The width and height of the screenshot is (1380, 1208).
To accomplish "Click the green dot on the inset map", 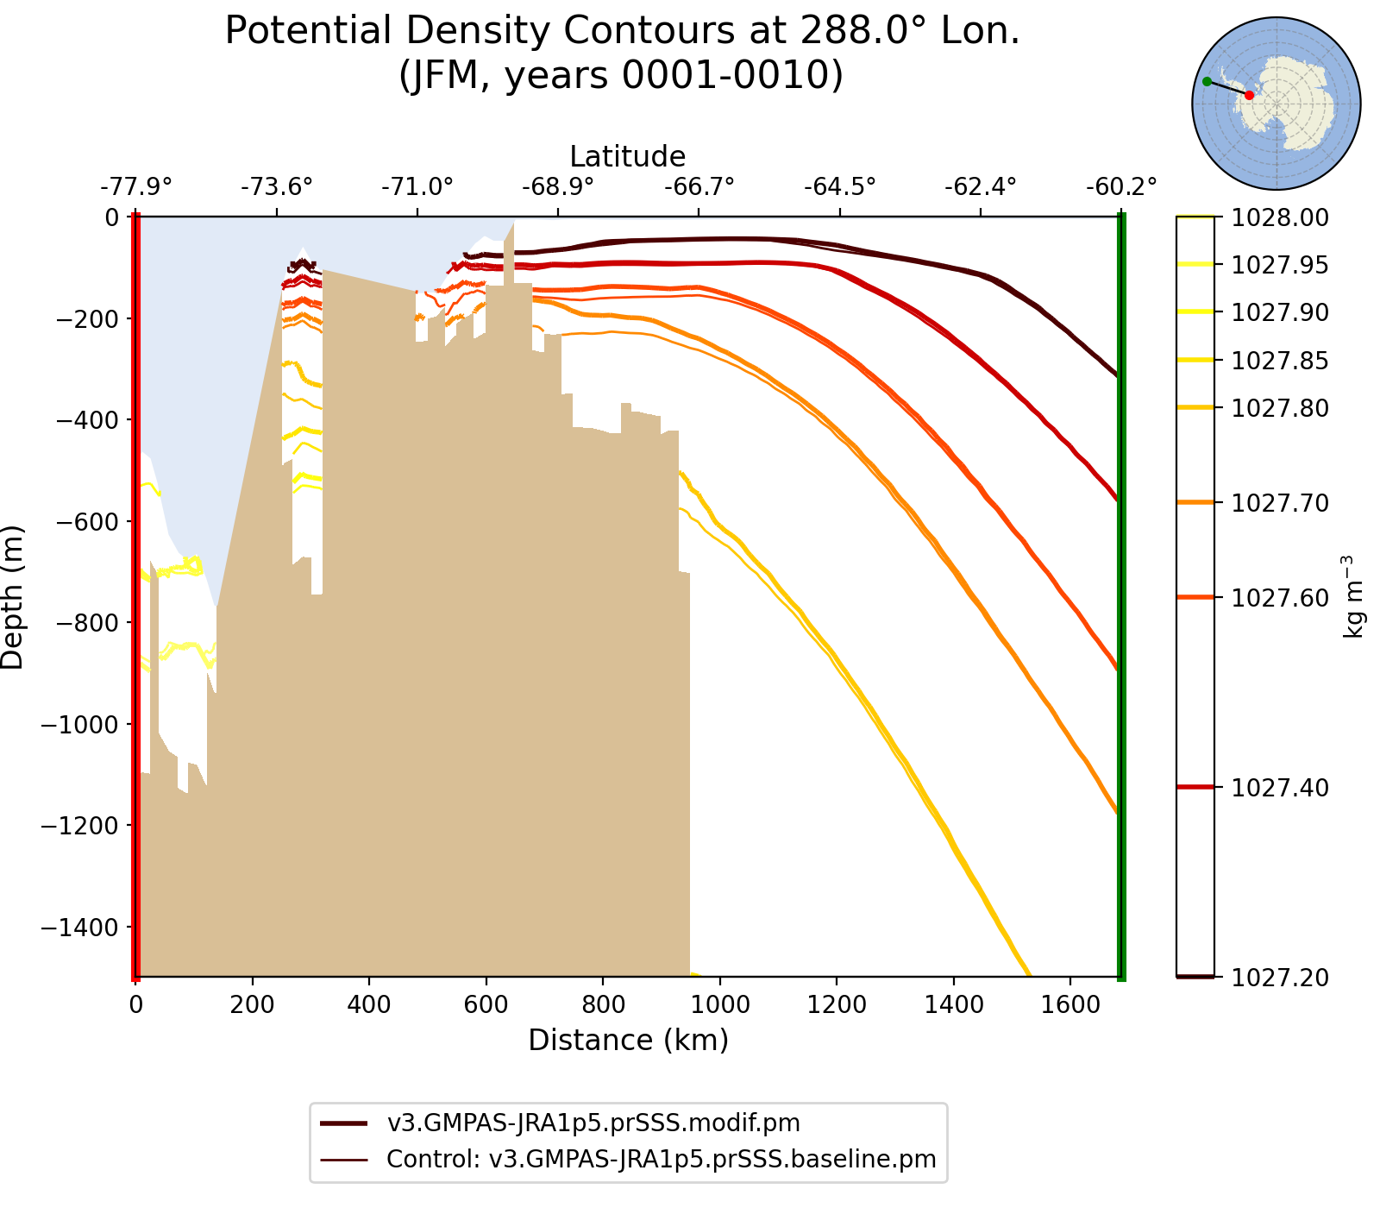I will click(x=1207, y=81).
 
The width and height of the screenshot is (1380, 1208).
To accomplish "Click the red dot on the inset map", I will click(x=1249, y=95).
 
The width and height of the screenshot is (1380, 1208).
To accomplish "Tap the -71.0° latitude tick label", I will click(x=417, y=186).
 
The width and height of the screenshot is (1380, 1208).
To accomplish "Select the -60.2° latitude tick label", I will click(x=1120, y=186).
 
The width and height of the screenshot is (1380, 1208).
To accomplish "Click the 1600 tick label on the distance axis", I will click(x=1069, y=1004).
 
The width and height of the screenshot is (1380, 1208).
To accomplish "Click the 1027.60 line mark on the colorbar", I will click(x=1195, y=597).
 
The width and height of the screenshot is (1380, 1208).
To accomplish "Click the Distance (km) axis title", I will click(x=628, y=1041).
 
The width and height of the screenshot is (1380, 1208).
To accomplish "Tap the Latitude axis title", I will click(x=628, y=156).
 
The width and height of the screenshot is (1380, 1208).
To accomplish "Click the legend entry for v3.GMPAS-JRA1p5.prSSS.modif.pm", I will click(x=593, y=1123).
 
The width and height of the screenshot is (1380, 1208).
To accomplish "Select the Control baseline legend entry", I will click(x=661, y=1159).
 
